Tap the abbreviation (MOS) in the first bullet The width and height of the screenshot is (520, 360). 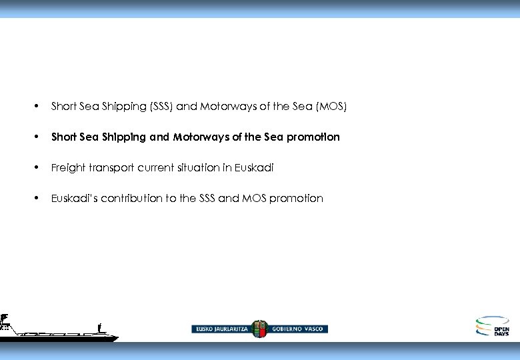coord(332,107)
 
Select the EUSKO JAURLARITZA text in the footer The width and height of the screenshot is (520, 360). coord(221,329)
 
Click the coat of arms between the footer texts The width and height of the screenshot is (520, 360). coord(259,329)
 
